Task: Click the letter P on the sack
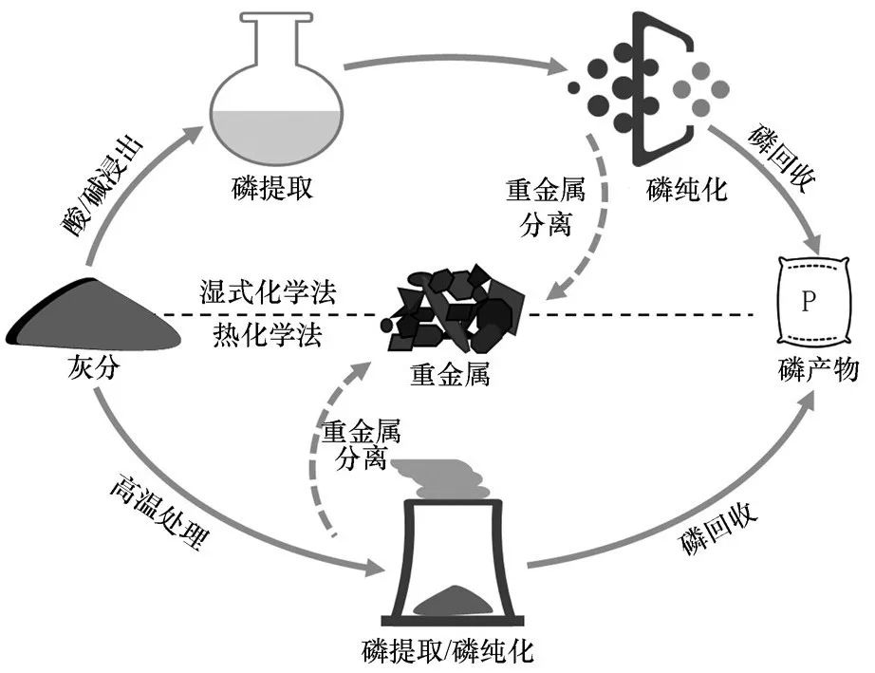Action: coord(808,302)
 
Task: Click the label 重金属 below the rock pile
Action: coord(450,373)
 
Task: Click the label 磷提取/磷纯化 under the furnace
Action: coord(448,652)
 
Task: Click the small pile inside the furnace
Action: coord(454,596)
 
